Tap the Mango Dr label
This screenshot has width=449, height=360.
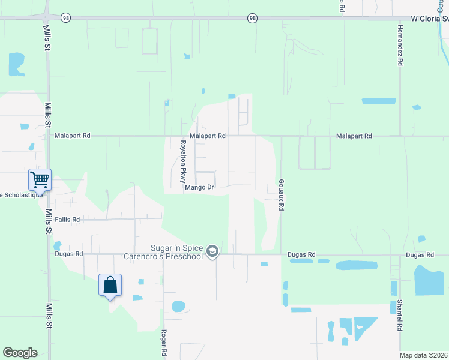coord(199,187)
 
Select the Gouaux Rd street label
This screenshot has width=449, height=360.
coord(280,194)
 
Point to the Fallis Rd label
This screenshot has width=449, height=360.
coord(67,220)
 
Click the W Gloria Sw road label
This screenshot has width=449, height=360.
coord(429,19)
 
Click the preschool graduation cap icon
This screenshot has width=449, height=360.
coord(212,252)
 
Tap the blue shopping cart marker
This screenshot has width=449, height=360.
coord(40,179)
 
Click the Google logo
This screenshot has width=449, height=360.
coord(20,353)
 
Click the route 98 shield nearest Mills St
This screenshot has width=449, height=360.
coord(66,19)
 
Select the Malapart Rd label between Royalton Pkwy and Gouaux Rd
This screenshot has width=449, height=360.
coord(208,136)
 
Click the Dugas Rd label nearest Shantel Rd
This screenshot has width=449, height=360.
coord(420,255)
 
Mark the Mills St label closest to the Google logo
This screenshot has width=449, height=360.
coord(48,314)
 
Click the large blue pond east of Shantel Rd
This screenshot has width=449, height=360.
coord(430,280)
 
